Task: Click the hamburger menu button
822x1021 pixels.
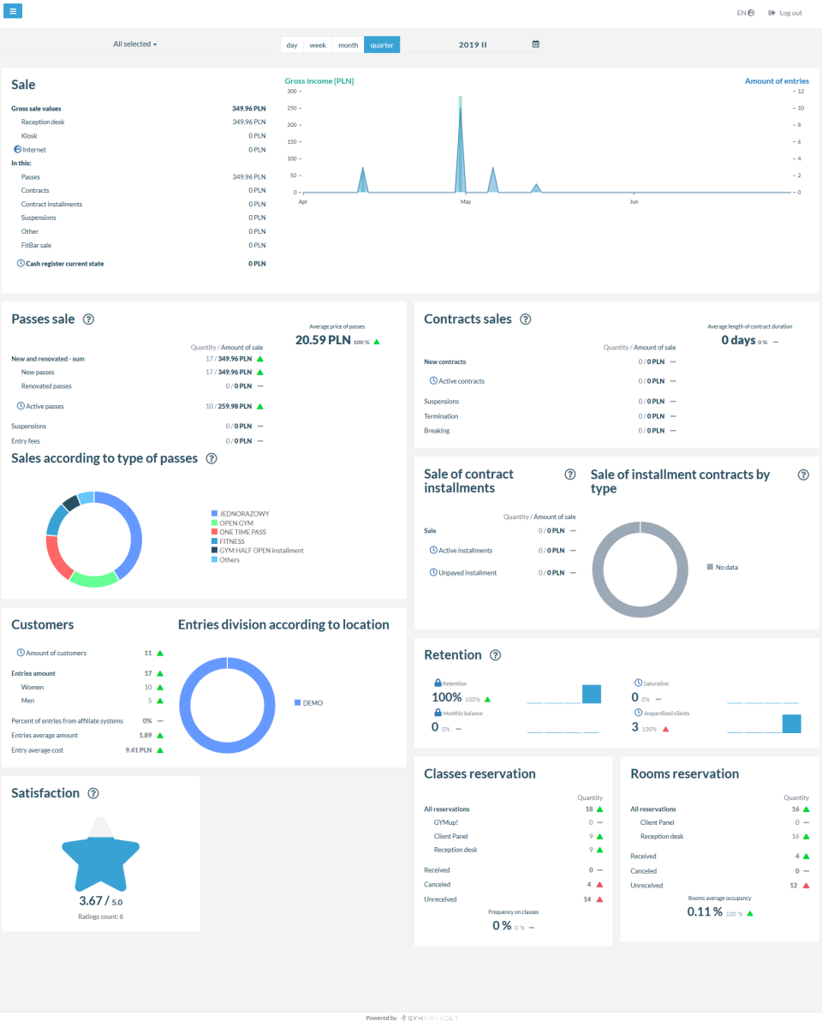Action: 14,11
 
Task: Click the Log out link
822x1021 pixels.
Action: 785,13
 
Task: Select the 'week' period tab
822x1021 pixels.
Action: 318,45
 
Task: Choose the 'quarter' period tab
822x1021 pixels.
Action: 382,45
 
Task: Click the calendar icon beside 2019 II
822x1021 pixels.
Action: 535,45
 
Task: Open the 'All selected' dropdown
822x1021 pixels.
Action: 135,44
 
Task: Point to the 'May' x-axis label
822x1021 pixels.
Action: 465,202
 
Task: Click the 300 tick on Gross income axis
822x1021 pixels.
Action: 291,91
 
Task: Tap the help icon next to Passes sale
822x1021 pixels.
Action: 88,319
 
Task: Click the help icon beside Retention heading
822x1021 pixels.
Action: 495,655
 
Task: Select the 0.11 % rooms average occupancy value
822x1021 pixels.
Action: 705,912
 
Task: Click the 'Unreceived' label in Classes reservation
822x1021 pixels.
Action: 440,899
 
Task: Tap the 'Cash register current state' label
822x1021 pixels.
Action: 65,264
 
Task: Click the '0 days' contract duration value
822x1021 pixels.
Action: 738,340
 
